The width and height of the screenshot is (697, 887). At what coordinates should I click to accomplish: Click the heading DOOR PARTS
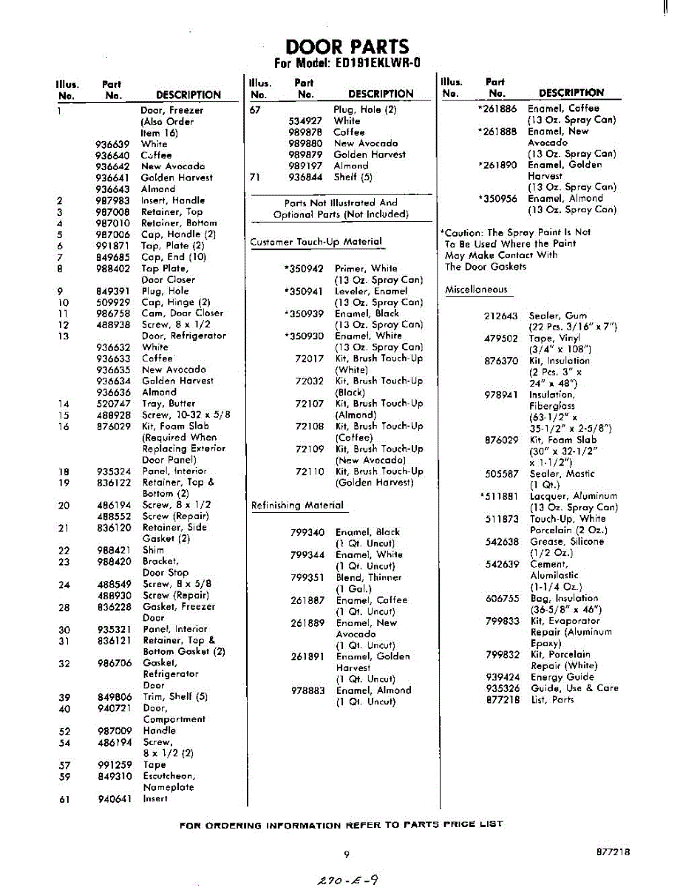[347, 47]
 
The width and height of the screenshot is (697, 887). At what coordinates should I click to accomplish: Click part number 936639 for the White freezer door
[112, 144]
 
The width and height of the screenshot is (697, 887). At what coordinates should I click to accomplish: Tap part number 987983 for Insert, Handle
[112, 200]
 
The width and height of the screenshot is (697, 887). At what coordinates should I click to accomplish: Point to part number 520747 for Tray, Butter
[112, 404]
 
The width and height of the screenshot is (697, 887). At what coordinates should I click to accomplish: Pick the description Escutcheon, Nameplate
[169, 782]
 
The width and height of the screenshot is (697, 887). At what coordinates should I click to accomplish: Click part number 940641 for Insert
[112, 798]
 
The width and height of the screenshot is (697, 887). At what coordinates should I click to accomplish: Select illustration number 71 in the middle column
[256, 177]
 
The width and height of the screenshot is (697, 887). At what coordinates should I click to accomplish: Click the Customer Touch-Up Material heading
[316, 242]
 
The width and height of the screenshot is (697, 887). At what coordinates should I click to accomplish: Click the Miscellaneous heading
[476, 290]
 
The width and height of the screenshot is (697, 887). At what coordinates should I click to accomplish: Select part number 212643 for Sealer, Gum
[501, 316]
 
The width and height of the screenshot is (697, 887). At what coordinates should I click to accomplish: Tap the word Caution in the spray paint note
[463, 232]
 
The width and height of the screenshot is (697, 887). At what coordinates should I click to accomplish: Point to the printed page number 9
[346, 854]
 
